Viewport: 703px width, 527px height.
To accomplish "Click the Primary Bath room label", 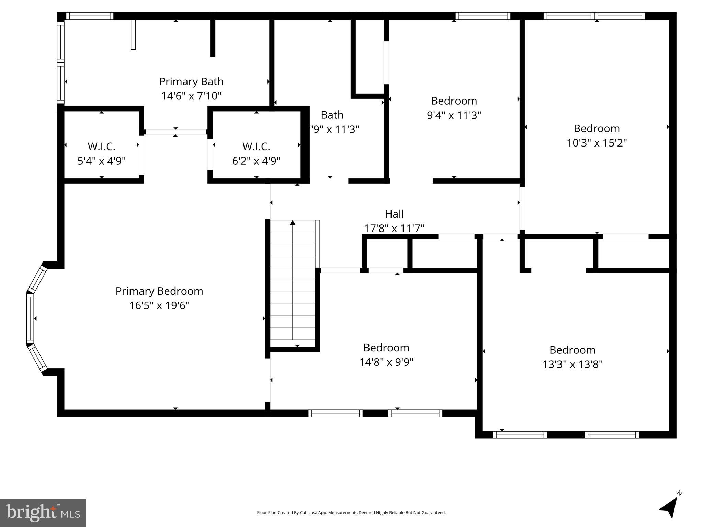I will (191, 82).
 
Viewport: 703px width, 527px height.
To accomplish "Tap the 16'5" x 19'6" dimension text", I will (159, 305).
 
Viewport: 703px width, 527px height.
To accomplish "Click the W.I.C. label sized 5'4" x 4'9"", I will (101, 147).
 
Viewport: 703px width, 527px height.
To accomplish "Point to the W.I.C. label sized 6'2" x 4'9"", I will (256, 147).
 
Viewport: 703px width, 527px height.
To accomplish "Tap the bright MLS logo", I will (43, 513).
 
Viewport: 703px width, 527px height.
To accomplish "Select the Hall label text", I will (394, 214).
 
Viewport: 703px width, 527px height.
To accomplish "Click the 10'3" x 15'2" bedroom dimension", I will (597, 143).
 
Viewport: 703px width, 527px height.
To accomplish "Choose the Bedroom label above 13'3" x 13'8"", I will (572, 350).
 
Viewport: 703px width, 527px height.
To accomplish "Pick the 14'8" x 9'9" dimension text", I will (386, 362).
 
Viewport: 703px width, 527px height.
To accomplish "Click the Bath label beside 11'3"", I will (332, 115).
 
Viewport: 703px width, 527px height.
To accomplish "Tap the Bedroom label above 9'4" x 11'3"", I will (454, 101).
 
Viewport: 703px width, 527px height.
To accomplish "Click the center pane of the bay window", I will (30, 319).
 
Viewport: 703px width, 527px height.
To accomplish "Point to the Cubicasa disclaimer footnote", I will (351, 513).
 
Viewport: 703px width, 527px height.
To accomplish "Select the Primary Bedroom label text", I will (159, 291).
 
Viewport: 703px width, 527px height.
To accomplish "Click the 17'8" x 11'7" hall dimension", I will (394, 228).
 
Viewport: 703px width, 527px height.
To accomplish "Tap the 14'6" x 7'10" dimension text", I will (191, 96).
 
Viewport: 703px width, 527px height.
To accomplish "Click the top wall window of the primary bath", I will (90, 16).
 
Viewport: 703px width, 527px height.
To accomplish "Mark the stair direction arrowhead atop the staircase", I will (293, 223).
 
